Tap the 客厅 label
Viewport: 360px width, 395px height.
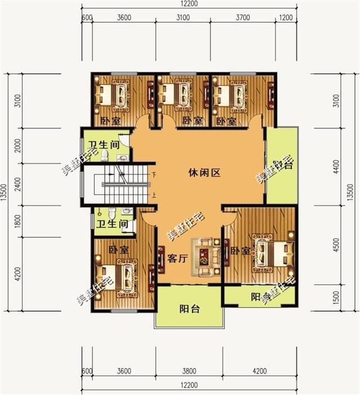[177, 258]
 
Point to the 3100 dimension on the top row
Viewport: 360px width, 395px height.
[182, 17]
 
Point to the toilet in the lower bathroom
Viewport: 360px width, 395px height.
[113, 213]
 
